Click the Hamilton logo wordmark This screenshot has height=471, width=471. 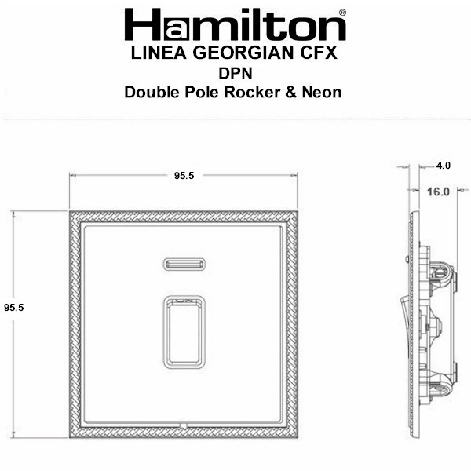coord(235,24)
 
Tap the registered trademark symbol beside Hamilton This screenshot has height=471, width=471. coord(342,13)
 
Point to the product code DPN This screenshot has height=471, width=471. coord(235,73)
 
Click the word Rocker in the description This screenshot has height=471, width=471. coord(252,92)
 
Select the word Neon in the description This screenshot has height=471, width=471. coord(321,92)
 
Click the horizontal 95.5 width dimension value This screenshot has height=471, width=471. coord(184,176)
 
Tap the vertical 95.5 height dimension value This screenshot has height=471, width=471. coord(14,307)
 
